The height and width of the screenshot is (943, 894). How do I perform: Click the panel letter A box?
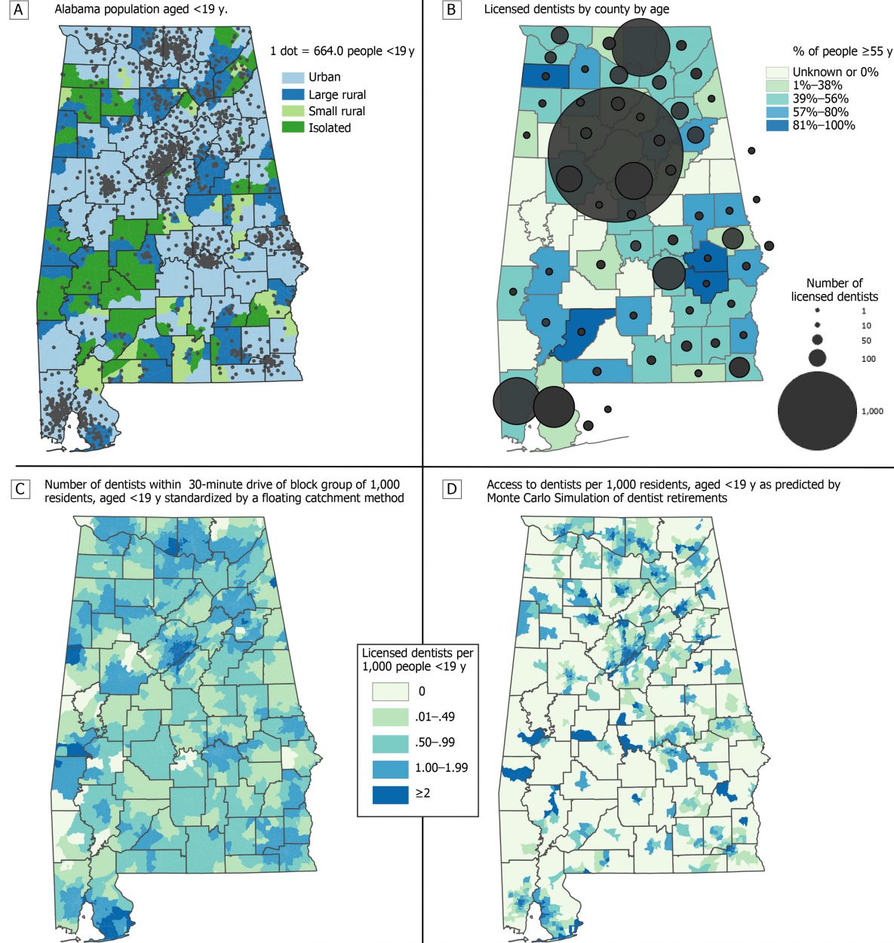click(18, 11)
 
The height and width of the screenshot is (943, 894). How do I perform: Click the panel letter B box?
click(451, 11)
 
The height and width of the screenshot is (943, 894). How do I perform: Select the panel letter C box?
click(20, 489)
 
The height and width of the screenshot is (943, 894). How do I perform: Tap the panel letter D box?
click(451, 489)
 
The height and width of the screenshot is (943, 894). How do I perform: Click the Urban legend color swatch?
click(293, 78)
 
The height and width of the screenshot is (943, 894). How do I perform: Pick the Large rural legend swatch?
click(293, 95)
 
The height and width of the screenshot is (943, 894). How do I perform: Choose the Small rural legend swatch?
click(293, 112)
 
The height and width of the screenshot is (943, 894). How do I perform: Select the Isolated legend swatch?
click(293, 128)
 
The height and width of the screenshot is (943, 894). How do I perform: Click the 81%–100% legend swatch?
click(777, 126)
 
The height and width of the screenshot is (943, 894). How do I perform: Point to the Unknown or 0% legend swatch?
click(777, 72)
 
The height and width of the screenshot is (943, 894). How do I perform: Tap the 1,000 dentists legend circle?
click(817, 411)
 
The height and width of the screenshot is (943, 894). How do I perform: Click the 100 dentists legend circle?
click(818, 357)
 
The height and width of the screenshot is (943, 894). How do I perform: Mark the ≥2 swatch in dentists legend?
click(390, 794)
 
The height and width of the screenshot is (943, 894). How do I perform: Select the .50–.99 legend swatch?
click(390, 742)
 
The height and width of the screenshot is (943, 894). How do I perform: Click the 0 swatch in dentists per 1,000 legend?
click(390, 691)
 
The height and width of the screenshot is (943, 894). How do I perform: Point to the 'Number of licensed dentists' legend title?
click(834, 290)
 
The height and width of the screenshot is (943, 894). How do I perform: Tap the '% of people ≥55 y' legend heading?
click(842, 51)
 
